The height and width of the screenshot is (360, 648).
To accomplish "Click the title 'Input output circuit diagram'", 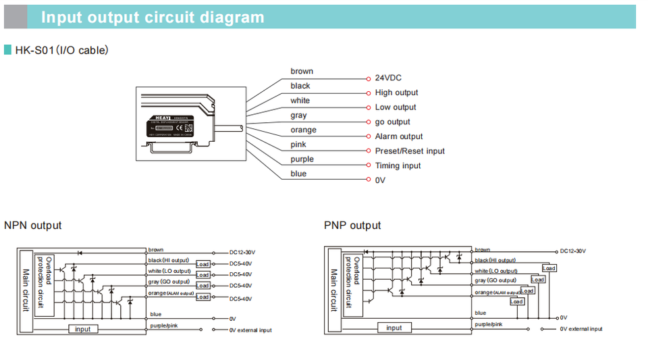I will point(153,17).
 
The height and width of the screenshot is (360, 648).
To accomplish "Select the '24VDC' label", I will point(388,78).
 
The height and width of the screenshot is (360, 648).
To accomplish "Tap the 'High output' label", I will point(396,93).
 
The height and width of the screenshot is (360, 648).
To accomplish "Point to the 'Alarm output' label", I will point(399,136).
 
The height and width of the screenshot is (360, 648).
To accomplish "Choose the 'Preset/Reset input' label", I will point(410,151).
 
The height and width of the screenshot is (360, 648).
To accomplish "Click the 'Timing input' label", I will point(398,166).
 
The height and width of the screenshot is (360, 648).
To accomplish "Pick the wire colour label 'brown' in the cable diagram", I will point(302,72).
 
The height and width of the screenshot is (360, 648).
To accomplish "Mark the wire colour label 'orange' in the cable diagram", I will point(303,130).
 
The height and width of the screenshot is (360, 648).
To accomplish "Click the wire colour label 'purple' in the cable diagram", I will point(302,159).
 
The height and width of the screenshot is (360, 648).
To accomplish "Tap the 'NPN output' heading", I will point(32,226).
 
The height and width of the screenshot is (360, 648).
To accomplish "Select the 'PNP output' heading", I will point(352,226).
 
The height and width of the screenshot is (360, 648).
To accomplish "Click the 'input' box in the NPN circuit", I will point(82,329).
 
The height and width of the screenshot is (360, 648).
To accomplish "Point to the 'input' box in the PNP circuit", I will point(394,328).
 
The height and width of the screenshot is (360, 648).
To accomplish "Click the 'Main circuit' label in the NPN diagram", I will point(26,290).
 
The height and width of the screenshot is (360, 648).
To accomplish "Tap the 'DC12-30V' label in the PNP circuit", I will point(573,251).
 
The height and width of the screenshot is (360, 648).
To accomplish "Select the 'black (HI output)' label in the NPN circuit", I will point(169,260).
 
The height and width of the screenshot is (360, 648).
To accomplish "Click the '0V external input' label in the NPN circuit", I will point(250,330).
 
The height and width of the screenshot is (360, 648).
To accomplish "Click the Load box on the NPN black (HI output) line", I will point(202,264).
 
